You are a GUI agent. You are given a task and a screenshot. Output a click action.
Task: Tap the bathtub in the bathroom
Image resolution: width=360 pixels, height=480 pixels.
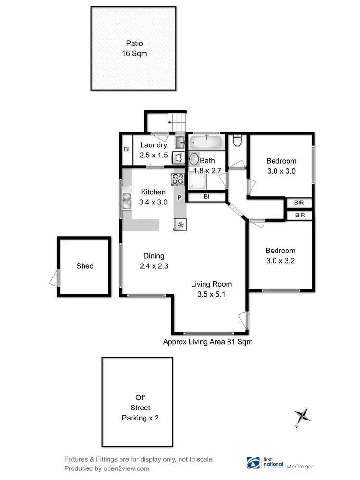[x=206, y=143]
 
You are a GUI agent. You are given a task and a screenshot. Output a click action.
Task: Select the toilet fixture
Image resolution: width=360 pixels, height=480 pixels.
[x=236, y=140]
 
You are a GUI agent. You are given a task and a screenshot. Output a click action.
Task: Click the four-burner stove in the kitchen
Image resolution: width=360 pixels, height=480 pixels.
[x=178, y=180]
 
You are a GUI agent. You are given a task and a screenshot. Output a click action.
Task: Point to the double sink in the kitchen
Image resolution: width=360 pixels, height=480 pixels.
[x=127, y=201]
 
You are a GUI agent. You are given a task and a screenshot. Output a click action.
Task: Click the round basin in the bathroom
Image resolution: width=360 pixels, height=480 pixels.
[x=194, y=159]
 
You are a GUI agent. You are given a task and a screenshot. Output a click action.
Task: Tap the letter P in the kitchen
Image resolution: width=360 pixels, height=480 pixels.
[x=180, y=197]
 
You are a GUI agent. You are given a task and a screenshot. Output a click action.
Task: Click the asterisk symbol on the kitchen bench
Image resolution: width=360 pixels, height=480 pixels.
[x=180, y=224]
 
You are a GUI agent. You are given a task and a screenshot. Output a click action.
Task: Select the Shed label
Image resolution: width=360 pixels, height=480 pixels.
[x=84, y=266]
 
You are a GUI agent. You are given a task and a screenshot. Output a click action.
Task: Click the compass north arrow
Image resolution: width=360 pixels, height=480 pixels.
[x=301, y=415]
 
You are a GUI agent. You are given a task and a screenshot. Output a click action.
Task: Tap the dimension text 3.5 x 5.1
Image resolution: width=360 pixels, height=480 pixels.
[x=208, y=294]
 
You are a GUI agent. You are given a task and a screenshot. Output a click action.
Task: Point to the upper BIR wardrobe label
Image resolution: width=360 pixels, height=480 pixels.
[x=300, y=203]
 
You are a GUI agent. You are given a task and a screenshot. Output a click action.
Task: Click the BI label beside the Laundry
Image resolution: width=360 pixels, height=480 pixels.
[x=127, y=149]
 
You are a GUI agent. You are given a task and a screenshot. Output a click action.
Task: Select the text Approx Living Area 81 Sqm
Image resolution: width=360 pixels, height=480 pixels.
[x=207, y=342]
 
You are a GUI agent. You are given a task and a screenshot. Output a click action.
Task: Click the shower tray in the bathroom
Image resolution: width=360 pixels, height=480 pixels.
[x=197, y=180]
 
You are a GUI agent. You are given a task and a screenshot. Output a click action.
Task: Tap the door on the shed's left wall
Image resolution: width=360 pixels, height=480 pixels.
[x=55, y=277]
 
